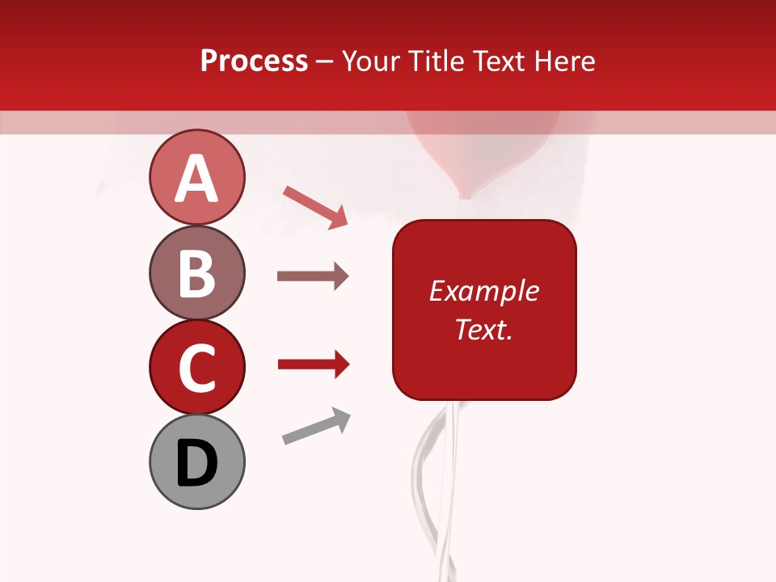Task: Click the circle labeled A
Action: click(196, 177)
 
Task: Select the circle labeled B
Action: click(196, 272)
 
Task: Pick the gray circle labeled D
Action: click(196, 462)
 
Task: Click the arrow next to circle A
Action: click(315, 206)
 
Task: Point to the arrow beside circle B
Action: click(313, 276)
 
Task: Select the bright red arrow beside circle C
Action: click(313, 365)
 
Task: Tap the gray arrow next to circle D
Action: click(316, 426)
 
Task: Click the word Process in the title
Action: click(254, 61)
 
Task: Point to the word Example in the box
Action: click(483, 291)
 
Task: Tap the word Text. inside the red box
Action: click(483, 329)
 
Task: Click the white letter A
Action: click(196, 179)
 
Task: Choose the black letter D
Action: click(196, 463)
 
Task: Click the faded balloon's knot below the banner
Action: click(465, 194)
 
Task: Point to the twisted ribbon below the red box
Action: click(432, 485)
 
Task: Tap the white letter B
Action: click(196, 274)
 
